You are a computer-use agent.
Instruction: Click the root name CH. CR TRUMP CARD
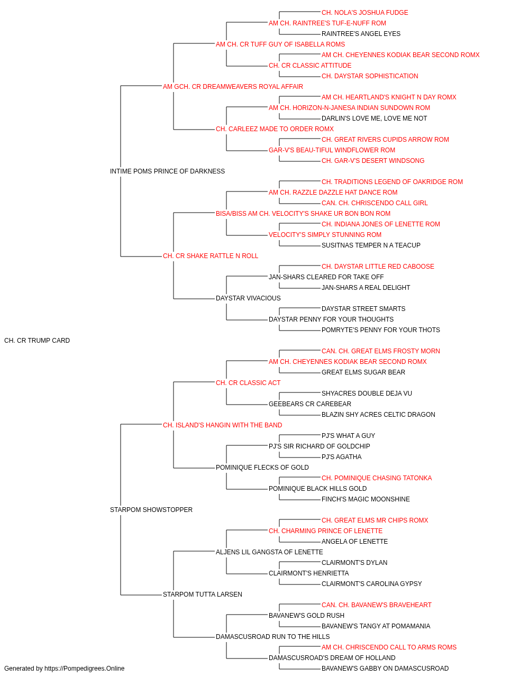(x=37, y=341)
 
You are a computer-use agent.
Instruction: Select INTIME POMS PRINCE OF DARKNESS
(x=167, y=171)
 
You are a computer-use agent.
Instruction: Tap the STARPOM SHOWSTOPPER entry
(x=151, y=510)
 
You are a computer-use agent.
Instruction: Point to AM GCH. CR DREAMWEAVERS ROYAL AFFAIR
(x=233, y=87)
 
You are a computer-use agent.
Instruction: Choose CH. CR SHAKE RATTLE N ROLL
(x=211, y=256)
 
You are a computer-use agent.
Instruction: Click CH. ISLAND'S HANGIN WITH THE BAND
(x=222, y=425)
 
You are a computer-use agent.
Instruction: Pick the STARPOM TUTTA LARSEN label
(x=203, y=594)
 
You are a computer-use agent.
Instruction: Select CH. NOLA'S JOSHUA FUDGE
(x=365, y=13)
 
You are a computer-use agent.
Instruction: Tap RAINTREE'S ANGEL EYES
(x=361, y=34)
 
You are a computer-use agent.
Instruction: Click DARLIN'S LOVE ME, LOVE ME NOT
(x=374, y=118)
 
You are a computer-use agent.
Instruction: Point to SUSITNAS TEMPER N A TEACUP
(x=371, y=245)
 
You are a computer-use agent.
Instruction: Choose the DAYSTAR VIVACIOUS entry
(x=248, y=298)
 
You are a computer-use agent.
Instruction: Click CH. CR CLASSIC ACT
(x=248, y=382)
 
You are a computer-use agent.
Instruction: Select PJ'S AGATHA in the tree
(x=341, y=457)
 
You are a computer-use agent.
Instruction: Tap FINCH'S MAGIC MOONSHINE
(x=366, y=499)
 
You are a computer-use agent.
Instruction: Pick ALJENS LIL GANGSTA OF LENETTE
(x=269, y=552)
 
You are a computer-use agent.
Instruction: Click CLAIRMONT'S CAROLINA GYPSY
(x=372, y=583)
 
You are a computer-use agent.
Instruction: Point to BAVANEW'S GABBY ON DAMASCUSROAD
(x=385, y=669)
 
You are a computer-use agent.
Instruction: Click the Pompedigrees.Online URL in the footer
(x=85, y=669)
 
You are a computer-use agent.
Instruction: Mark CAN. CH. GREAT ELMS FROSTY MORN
(x=381, y=351)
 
